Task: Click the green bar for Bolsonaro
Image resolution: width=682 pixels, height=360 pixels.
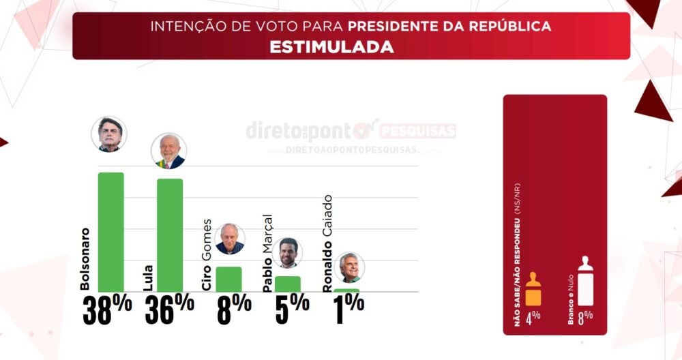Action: coord(111,232)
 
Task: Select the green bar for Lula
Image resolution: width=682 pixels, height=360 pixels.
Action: coord(170,235)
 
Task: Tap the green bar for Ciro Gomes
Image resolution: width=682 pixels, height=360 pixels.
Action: coord(228,279)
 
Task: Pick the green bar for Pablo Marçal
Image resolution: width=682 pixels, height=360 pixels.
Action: coord(287,284)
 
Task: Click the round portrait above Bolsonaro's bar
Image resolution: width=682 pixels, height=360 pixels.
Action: coord(109,133)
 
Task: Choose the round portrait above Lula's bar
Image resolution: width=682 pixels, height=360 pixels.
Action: coord(168,151)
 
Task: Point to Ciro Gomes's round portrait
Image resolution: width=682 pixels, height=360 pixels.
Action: coord(230,239)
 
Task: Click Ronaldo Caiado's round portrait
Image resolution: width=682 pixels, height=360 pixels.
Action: coord(351,268)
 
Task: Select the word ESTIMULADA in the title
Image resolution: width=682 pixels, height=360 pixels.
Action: coord(331,47)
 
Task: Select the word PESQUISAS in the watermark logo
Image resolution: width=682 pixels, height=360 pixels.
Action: coord(417,131)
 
